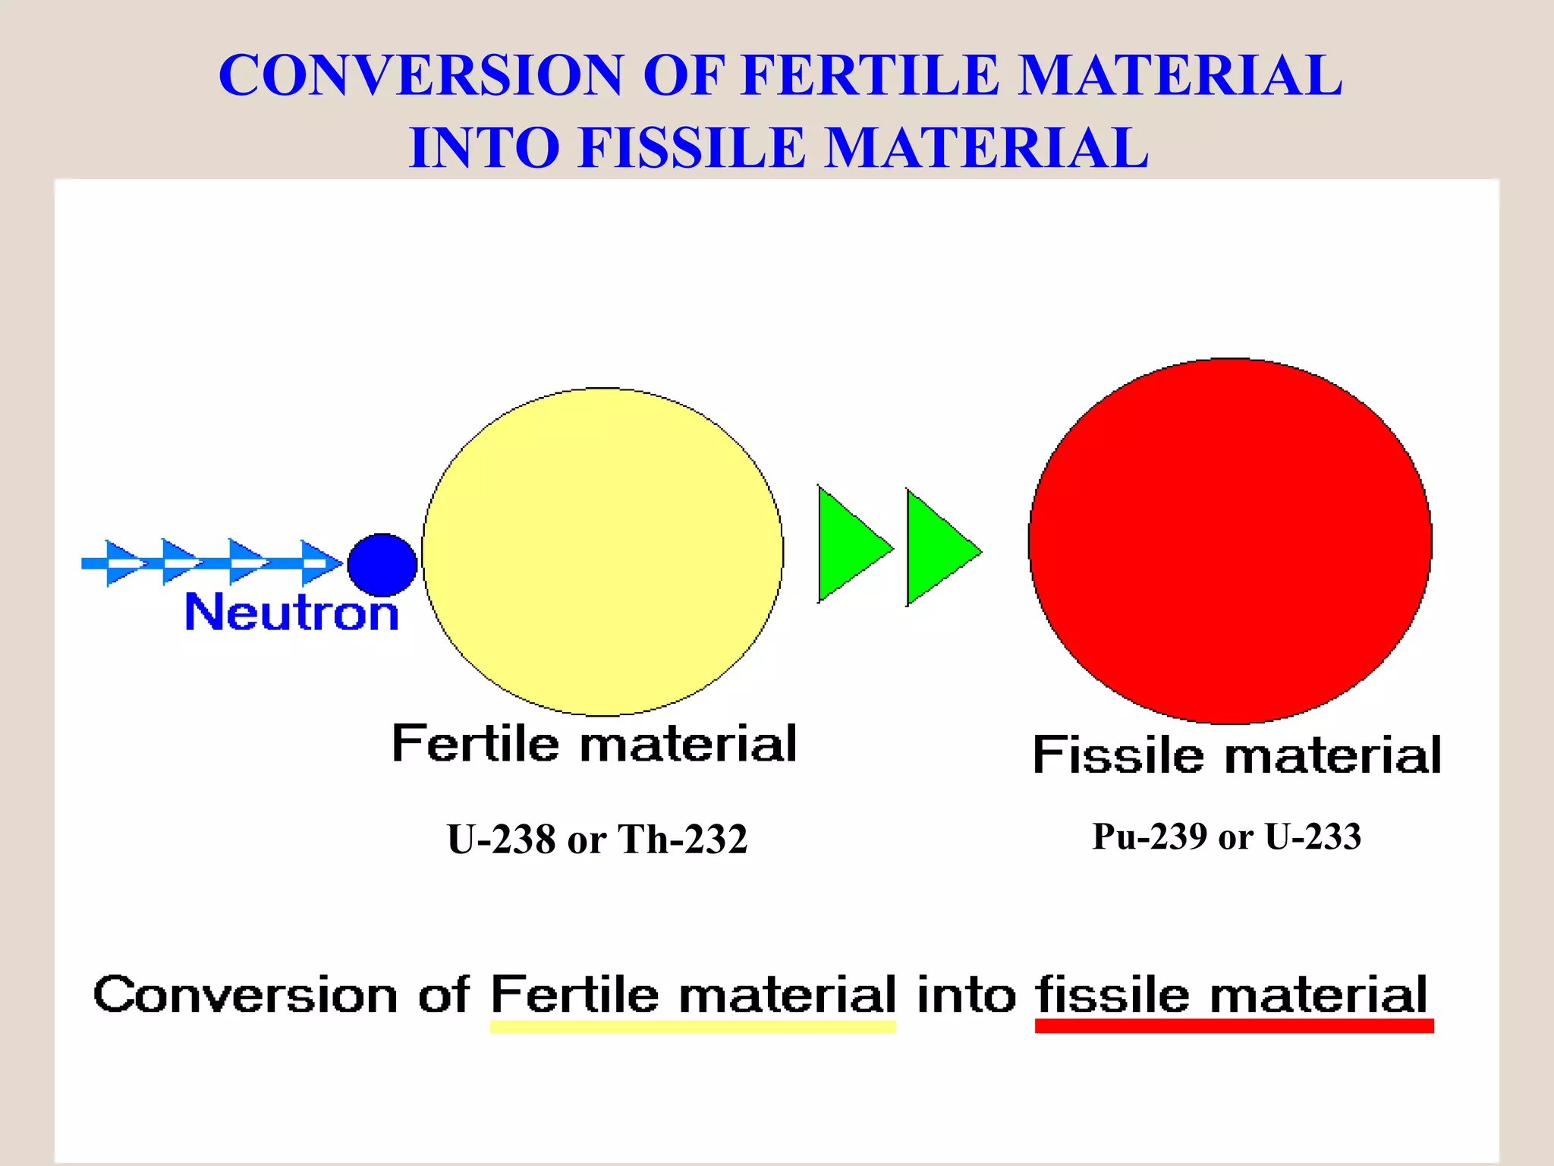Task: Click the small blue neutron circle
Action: tap(382, 565)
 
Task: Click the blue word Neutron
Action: tap(292, 613)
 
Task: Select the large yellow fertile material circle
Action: tap(602, 552)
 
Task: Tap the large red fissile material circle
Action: tap(1230, 541)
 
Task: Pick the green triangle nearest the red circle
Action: tap(937, 548)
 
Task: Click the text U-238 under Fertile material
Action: tap(501, 840)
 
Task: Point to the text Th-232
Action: tap(683, 840)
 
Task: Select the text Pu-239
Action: tap(1149, 837)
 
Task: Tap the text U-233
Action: tap(1313, 837)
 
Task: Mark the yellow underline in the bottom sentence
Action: tap(692, 1027)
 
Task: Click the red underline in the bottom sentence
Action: tap(1234, 1026)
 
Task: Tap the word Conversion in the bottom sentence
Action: tap(245, 994)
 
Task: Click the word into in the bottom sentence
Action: tap(966, 994)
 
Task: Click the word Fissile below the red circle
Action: tap(1118, 755)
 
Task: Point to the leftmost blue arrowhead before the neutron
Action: tap(121, 563)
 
